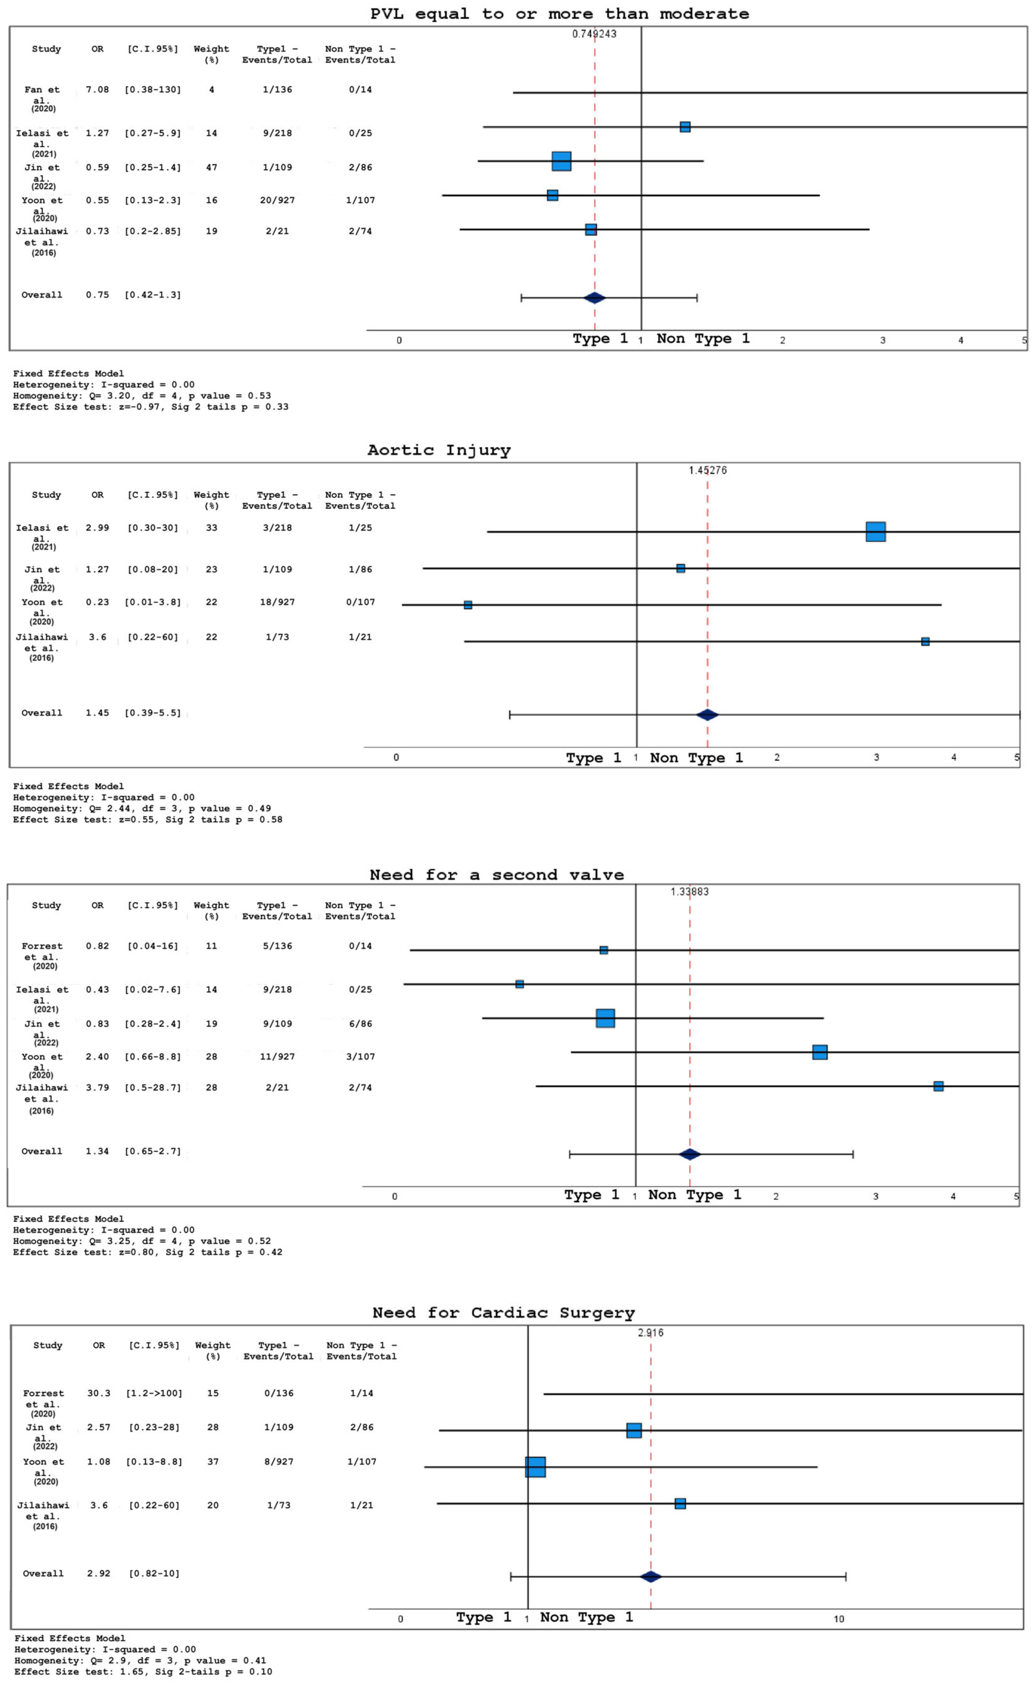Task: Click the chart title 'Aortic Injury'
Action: tap(439, 450)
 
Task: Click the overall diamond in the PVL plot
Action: tap(594, 297)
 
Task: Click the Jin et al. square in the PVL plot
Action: tap(561, 161)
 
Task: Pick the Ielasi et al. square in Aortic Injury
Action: tap(875, 531)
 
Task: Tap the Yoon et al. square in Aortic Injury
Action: tap(468, 605)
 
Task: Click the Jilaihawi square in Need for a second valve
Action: tap(938, 1086)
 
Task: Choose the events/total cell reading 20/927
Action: tap(277, 200)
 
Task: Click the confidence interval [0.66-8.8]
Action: tap(153, 1056)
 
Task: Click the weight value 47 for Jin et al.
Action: tap(211, 167)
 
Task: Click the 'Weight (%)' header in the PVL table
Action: tap(211, 54)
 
